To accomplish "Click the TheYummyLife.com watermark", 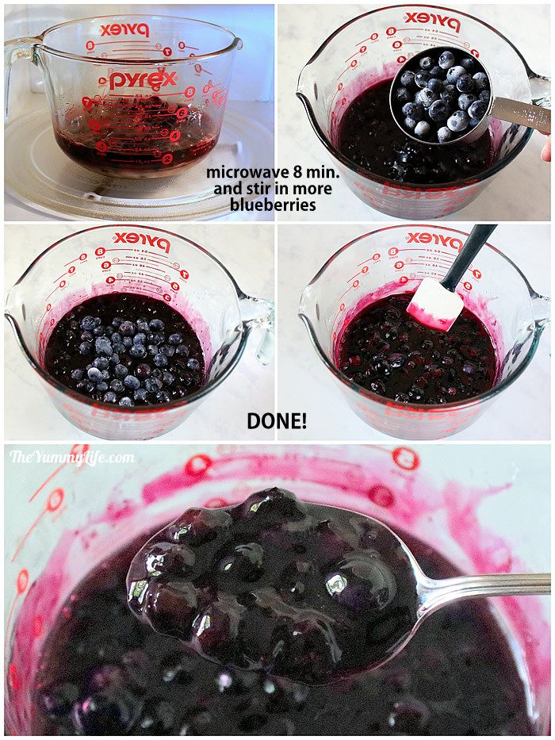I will click(72, 458).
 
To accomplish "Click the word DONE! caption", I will click(276, 421).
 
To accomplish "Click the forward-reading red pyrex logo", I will click(143, 80).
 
